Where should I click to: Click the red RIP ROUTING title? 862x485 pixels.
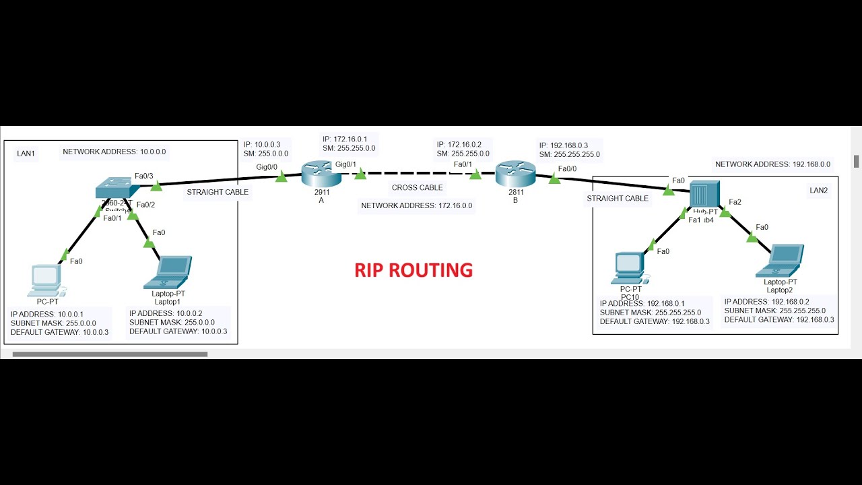(x=413, y=270)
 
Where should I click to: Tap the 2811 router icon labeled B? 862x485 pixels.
(x=515, y=174)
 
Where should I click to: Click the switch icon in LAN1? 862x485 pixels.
(x=117, y=189)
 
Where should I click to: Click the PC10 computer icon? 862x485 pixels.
(x=630, y=267)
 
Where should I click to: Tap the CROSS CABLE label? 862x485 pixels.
(x=418, y=188)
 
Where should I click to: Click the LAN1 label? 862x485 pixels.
(x=26, y=154)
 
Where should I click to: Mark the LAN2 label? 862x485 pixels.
(x=818, y=191)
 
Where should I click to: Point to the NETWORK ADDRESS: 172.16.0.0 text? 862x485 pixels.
(x=416, y=205)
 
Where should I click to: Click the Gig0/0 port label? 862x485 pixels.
(x=267, y=166)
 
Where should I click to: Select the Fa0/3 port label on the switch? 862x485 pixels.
(x=144, y=176)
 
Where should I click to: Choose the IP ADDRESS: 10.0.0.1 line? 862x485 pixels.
(x=47, y=315)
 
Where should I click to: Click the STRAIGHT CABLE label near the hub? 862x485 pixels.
(x=618, y=199)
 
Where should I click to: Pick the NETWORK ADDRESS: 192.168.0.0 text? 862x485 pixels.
(x=772, y=164)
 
